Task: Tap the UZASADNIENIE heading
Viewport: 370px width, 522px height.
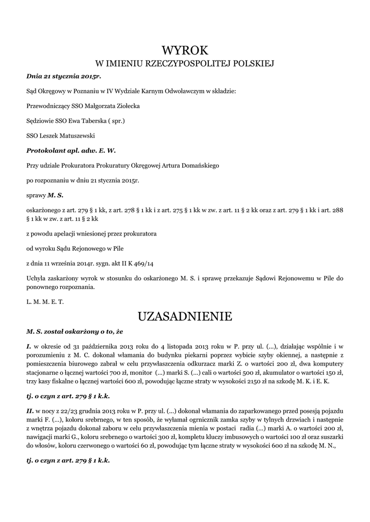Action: [185, 317]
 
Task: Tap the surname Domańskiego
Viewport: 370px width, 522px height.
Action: [194, 165]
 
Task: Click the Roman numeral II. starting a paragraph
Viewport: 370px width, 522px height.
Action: [30, 410]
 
